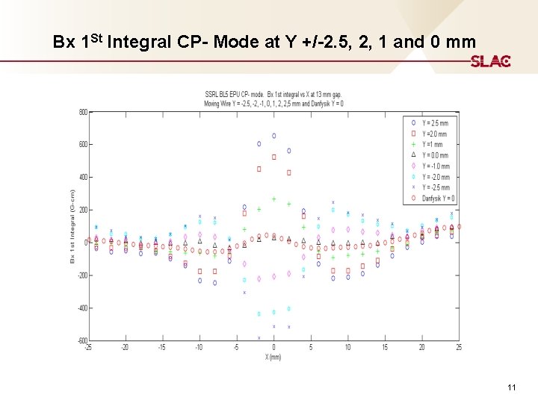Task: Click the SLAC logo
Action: pyautogui.click(x=490, y=61)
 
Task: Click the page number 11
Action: pyautogui.click(x=512, y=387)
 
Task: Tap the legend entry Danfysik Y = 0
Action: pyautogui.click(x=438, y=199)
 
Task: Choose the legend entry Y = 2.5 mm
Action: pyautogui.click(x=436, y=122)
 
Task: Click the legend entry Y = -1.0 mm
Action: pyautogui.click(x=436, y=166)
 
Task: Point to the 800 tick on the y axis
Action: pyautogui.click(x=82, y=112)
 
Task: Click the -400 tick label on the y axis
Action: pyautogui.click(x=81, y=308)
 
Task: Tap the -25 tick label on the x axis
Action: pyautogui.click(x=89, y=348)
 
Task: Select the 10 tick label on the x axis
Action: pyautogui.click(x=348, y=348)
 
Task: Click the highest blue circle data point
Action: pyautogui.click(x=274, y=136)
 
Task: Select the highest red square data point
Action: pyautogui.click(x=274, y=157)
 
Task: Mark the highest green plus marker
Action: pyautogui.click(x=274, y=199)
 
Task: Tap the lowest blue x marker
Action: pyautogui.click(x=259, y=338)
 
